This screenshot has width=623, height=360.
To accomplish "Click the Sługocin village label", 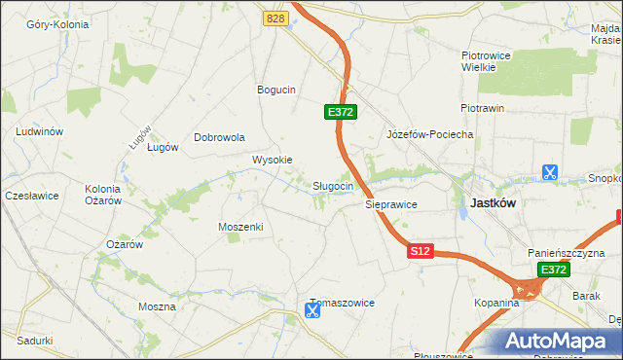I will [x=339, y=186].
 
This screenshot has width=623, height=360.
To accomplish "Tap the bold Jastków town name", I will [x=493, y=203].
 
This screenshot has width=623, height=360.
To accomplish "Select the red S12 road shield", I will [x=420, y=251].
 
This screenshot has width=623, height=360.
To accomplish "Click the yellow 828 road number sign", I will [x=275, y=18].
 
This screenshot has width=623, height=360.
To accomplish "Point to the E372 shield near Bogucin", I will [x=341, y=113].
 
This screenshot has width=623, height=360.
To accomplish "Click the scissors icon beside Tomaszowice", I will [x=311, y=311].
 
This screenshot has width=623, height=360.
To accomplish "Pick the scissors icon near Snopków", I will [x=550, y=173].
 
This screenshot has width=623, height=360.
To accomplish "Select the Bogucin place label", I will [x=275, y=90].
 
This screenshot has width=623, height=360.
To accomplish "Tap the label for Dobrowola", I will [x=219, y=137].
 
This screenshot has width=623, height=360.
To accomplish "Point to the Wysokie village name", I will [x=272, y=160].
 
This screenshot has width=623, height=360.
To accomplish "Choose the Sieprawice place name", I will [x=391, y=205].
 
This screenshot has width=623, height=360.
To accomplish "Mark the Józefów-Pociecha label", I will [x=429, y=134].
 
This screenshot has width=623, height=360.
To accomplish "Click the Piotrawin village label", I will [x=482, y=108].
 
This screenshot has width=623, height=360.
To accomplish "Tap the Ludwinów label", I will [x=40, y=131].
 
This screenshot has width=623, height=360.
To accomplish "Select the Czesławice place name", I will [x=32, y=196].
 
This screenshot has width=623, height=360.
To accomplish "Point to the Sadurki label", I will [x=34, y=341].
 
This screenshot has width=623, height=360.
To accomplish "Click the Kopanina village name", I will [x=497, y=304].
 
